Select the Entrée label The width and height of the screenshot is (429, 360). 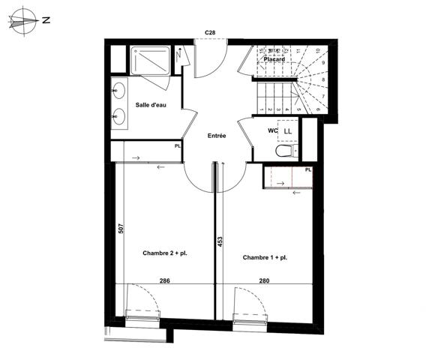click(x=217, y=136)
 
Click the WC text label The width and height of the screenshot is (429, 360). click(x=273, y=131)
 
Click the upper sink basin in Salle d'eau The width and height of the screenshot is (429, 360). click(x=120, y=92)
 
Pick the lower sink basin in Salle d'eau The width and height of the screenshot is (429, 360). click(x=120, y=117)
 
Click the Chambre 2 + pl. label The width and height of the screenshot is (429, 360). click(x=165, y=254)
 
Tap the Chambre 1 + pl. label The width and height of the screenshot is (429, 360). click(x=265, y=258)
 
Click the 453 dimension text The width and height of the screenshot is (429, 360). click(x=220, y=242)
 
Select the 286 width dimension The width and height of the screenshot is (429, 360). click(x=165, y=280)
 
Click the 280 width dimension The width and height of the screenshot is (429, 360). click(x=264, y=280)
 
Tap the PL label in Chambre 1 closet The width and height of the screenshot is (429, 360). click(x=307, y=170)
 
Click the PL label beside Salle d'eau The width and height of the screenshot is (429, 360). click(x=177, y=146)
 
